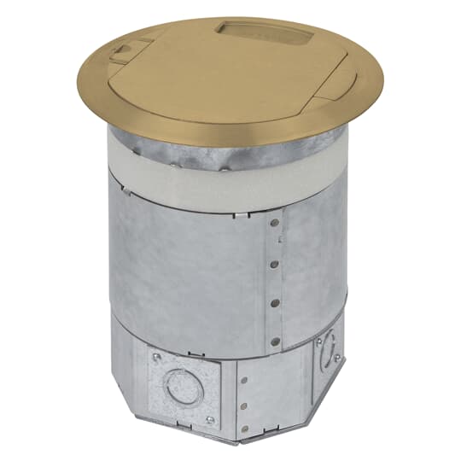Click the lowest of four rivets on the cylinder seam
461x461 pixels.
click(274, 341)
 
